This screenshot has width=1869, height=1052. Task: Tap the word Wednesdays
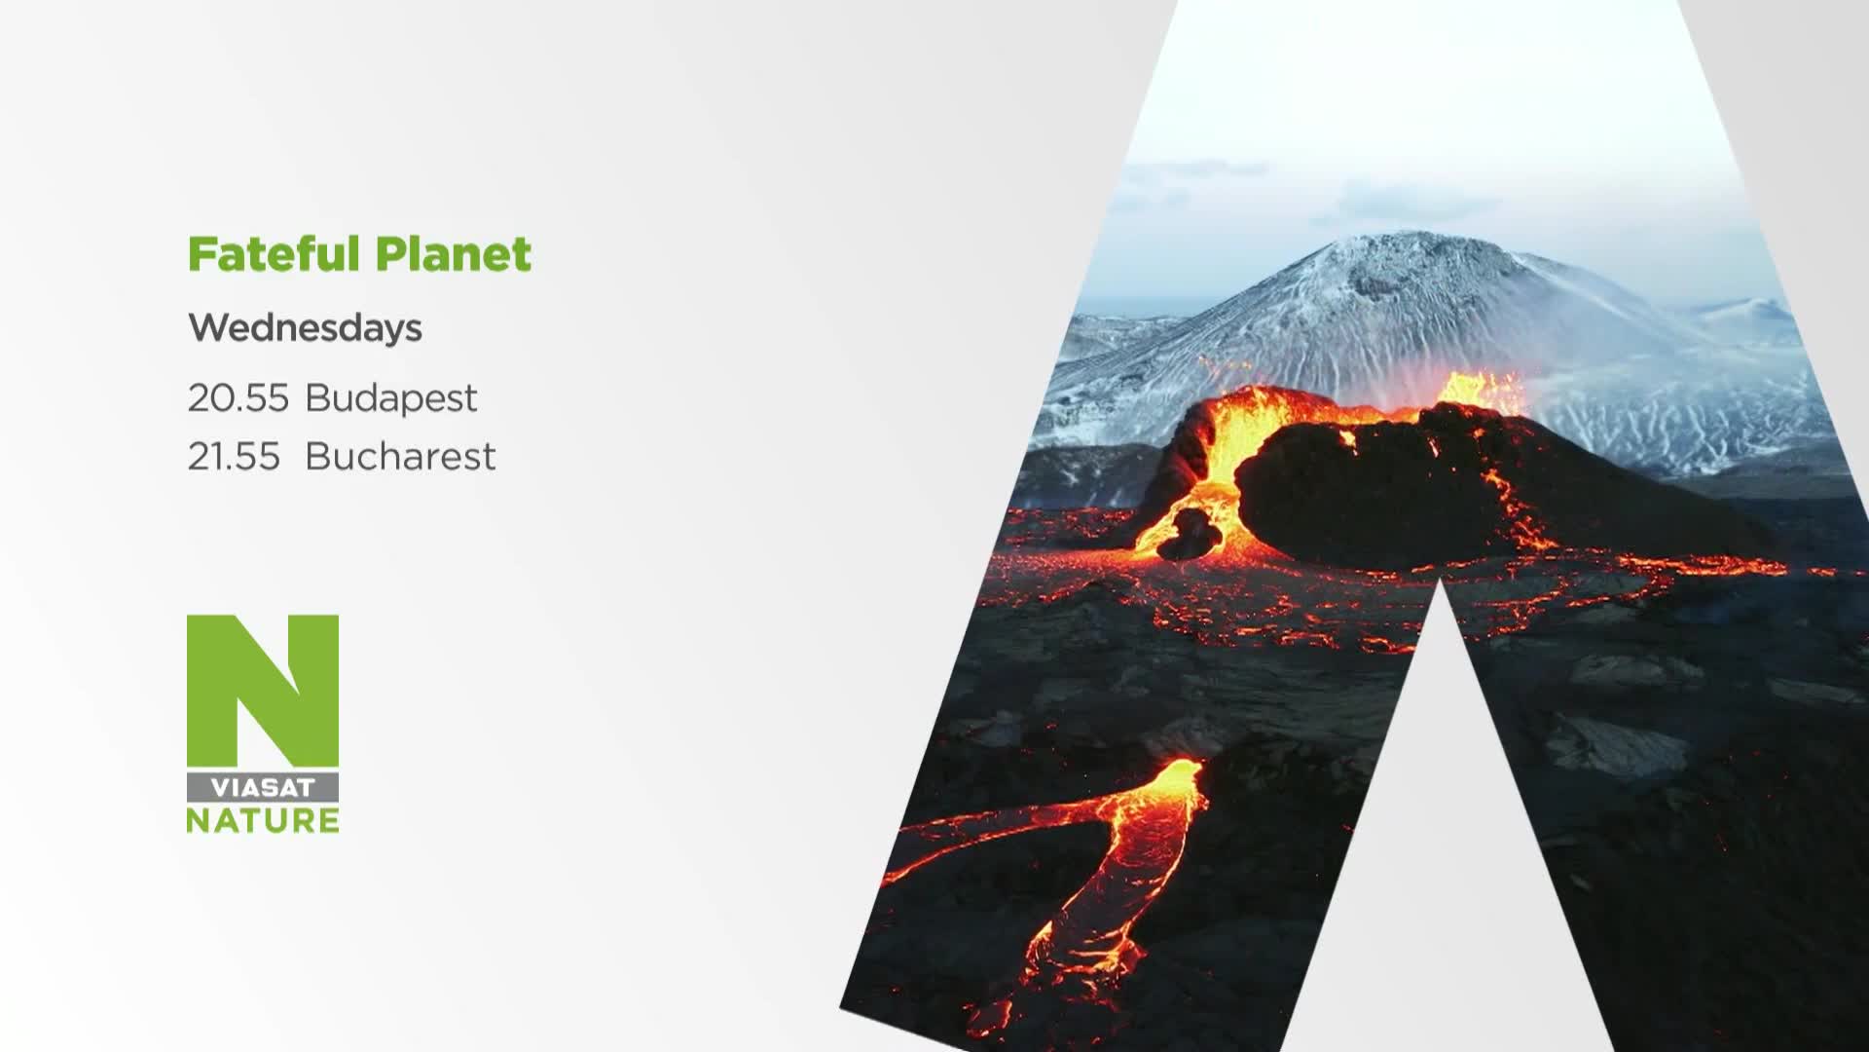coord(305,328)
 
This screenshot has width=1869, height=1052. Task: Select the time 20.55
coord(238,397)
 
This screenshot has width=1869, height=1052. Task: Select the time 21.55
coord(234,456)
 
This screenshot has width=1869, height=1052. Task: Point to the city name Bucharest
coord(400,456)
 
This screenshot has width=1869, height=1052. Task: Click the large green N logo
coord(263,691)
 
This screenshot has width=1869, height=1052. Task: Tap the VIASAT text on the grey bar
coord(263,788)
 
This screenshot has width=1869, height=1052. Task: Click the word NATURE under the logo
coord(263,819)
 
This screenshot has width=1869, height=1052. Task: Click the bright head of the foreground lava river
coord(1173,779)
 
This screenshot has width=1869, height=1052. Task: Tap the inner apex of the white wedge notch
coord(1441,579)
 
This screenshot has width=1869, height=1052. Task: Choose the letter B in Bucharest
coord(317,456)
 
